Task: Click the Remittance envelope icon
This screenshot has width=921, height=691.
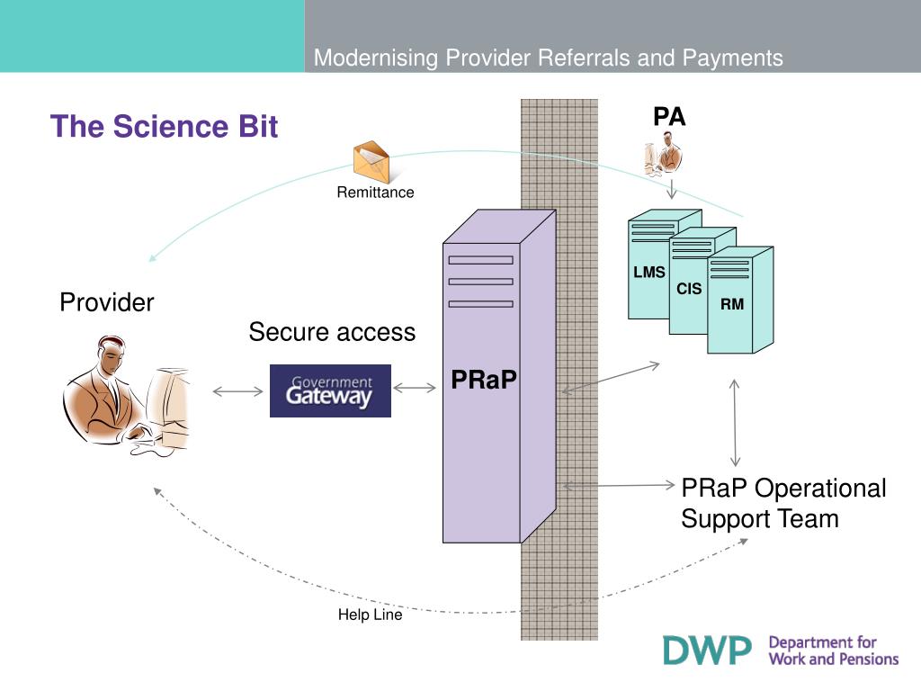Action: (x=371, y=162)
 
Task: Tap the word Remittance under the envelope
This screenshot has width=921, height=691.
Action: (x=375, y=193)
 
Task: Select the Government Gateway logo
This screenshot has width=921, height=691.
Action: (x=330, y=390)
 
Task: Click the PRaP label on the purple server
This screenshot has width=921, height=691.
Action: (x=483, y=380)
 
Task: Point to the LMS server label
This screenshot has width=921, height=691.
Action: (x=649, y=272)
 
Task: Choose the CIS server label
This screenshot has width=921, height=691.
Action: (x=689, y=289)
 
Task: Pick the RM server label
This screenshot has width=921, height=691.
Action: (x=732, y=304)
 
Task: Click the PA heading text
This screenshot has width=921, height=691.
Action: (x=669, y=116)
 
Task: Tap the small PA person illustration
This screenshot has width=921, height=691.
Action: (x=664, y=153)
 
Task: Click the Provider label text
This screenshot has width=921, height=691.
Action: (x=107, y=302)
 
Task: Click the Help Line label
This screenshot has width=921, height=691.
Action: (x=370, y=615)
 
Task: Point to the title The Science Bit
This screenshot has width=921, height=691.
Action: (x=164, y=126)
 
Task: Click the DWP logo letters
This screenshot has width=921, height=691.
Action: (x=707, y=651)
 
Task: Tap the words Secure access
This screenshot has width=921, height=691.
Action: (x=332, y=332)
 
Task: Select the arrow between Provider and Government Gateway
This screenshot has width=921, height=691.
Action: (x=237, y=391)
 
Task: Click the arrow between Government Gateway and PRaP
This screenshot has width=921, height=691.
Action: (x=415, y=388)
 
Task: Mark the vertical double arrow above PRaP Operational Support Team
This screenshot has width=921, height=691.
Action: (x=734, y=423)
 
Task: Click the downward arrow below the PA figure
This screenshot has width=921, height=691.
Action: (x=672, y=189)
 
